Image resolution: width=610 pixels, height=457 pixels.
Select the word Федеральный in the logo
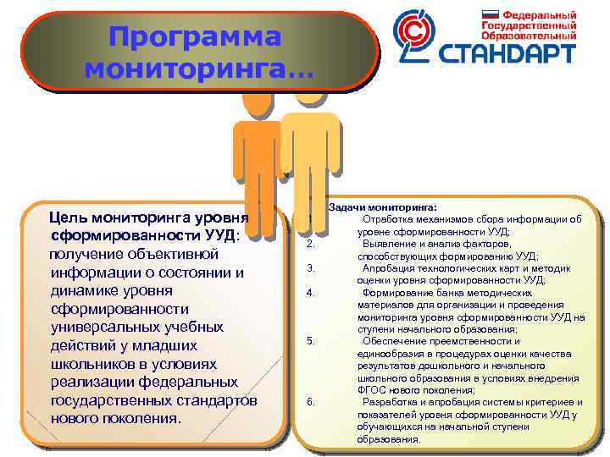[541, 14]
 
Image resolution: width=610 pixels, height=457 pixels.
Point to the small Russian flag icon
[490, 14]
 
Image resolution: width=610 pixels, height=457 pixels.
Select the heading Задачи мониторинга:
[382, 207]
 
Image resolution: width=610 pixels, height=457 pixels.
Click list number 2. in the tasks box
[311, 245]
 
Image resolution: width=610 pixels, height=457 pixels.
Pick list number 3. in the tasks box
[311, 268]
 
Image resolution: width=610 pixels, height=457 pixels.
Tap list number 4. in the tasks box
[311, 293]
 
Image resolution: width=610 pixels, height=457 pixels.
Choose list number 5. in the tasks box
[311, 341]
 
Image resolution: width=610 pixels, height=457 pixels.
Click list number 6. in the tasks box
[311, 401]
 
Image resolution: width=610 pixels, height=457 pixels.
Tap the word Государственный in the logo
[541, 25]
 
